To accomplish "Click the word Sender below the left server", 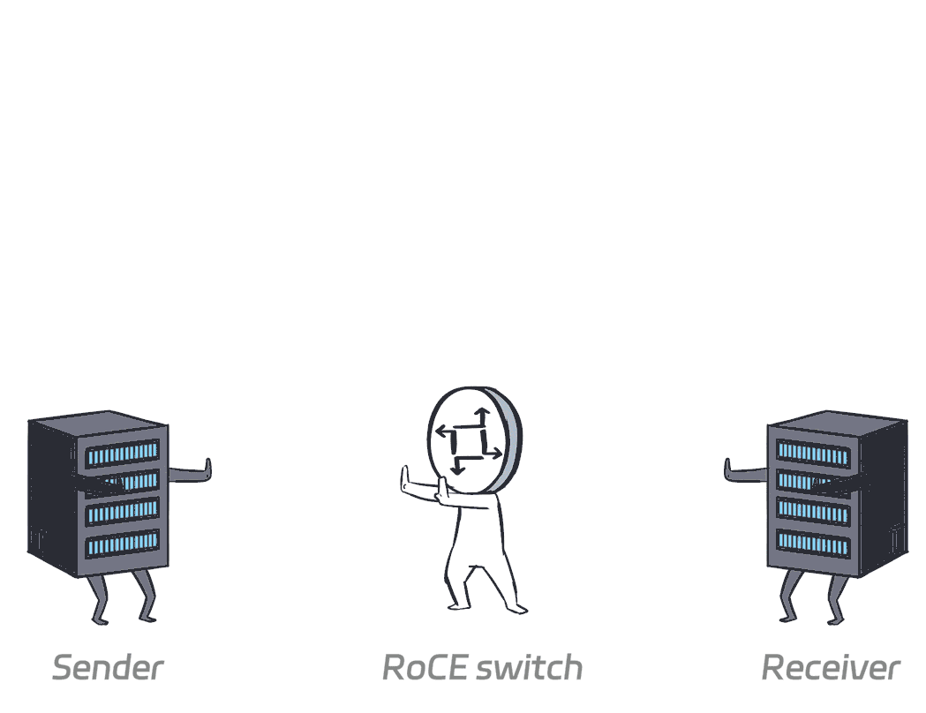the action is point(107,667).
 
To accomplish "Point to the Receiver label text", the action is point(831,667).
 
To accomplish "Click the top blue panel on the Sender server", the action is point(122,454).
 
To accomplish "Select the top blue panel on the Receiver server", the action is point(813,454).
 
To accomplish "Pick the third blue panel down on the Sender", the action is point(122,513).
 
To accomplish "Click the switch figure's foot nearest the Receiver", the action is point(518,608).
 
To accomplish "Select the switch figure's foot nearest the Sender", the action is point(455,605).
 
